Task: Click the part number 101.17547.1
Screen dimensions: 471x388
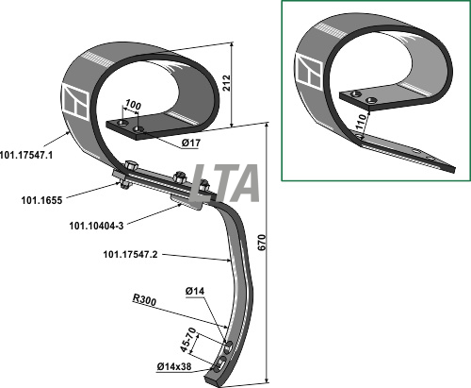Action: [x=26, y=155]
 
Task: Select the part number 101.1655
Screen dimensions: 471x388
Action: [x=41, y=200]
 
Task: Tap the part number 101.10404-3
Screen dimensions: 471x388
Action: [x=96, y=226]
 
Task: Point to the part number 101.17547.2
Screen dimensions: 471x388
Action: [x=130, y=254]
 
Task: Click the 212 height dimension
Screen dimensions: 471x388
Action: [x=226, y=83]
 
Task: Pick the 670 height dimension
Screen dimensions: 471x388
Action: [x=262, y=243]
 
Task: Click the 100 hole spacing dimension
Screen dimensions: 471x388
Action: [x=133, y=105]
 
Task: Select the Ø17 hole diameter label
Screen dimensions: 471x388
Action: [x=190, y=143]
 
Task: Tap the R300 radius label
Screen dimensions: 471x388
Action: [x=144, y=299]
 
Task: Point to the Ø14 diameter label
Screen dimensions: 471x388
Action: [x=195, y=292]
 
